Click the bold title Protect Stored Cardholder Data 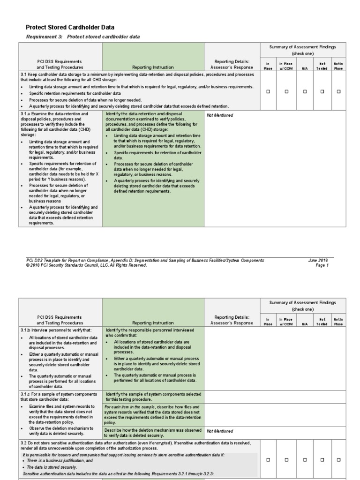[69, 28]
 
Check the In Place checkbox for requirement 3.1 [268, 92]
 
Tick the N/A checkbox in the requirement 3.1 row [305, 92]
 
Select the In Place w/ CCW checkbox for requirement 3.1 [286, 92]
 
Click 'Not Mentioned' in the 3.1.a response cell [220, 115]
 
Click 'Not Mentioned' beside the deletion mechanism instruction [220, 431]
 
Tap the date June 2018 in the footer [319, 260]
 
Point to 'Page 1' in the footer [322, 265]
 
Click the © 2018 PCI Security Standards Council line [87, 265]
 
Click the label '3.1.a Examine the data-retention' [54, 114]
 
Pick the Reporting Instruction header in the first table [153, 67]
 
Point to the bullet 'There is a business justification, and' [60, 461]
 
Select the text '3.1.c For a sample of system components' [59, 394]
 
